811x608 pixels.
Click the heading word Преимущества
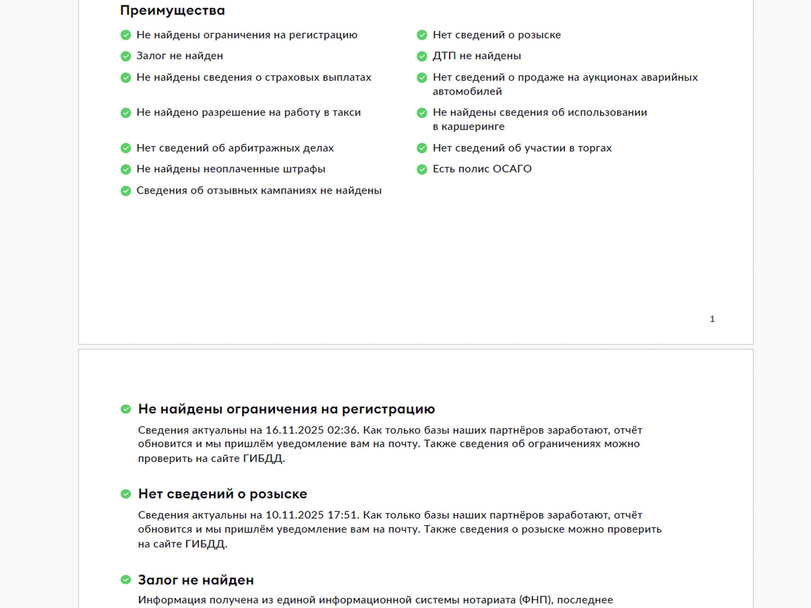172,11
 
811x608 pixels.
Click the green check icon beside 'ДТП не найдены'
422,56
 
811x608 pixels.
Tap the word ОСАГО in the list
512,169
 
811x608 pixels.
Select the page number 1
712,319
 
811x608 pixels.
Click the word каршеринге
473,127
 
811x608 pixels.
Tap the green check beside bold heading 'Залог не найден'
126,580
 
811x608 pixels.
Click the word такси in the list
346,113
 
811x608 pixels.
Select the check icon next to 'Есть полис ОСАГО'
422,169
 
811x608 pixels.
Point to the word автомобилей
467,92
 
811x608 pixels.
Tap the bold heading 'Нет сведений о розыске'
223,494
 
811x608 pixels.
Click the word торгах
595,148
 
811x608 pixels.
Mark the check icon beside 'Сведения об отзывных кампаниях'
126,191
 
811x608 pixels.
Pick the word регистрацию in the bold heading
388,409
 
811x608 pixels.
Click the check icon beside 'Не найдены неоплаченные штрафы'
126,169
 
